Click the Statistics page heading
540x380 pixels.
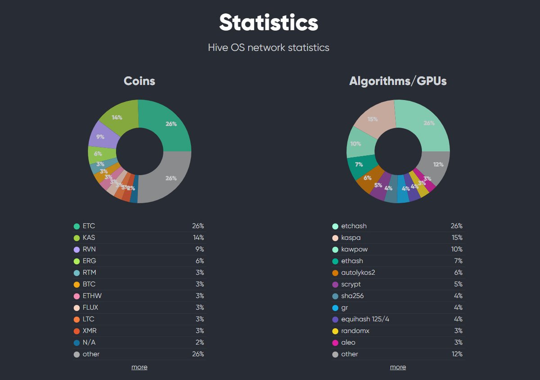click(269, 23)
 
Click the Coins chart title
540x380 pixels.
click(139, 81)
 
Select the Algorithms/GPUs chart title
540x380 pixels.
click(398, 81)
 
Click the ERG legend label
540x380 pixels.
click(89, 261)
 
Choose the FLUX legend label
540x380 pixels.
click(90, 308)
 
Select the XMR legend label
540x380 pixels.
click(89, 331)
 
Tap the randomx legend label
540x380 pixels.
click(355, 331)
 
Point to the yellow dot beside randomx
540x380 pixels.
click(335, 331)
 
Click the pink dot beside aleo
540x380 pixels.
click(335, 343)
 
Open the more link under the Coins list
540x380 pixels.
click(139, 367)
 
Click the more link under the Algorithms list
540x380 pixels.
click(398, 367)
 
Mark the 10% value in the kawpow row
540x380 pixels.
click(457, 249)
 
